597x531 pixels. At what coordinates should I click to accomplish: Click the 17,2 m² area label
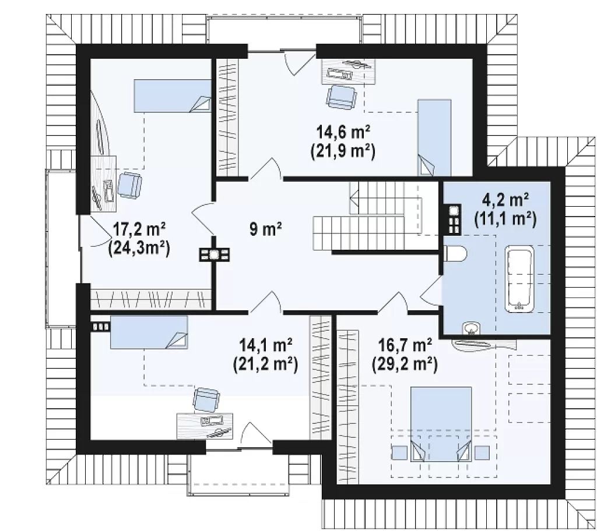[x=139, y=230]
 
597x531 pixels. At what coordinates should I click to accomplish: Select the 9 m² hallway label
[x=266, y=229]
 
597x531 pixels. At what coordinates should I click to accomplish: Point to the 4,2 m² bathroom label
[x=505, y=199]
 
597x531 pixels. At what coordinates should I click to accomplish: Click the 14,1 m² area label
[x=265, y=345]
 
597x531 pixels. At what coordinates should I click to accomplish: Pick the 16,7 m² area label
[x=405, y=345]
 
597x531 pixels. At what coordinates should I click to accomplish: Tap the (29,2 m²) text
[x=405, y=364]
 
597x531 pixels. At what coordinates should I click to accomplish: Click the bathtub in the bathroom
[x=519, y=279]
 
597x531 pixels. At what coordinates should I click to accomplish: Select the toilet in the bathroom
[x=455, y=254]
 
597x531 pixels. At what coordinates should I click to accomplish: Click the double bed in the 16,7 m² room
[x=441, y=424]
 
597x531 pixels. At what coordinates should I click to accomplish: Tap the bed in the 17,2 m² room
[x=173, y=96]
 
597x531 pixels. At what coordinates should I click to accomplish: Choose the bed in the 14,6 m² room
[x=434, y=137]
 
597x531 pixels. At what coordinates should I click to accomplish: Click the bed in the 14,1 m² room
[x=149, y=332]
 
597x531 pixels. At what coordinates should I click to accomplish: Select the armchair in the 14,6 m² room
[x=342, y=97]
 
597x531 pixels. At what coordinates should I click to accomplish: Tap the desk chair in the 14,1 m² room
[x=206, y=400]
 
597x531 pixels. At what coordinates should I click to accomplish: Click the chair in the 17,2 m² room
[x=130, y=185]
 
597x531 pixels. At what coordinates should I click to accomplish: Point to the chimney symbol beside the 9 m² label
[x=215, y=254]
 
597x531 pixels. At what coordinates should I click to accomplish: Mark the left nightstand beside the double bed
[x=400, y=452]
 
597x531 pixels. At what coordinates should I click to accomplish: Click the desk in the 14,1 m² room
[x=205, y=426]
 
